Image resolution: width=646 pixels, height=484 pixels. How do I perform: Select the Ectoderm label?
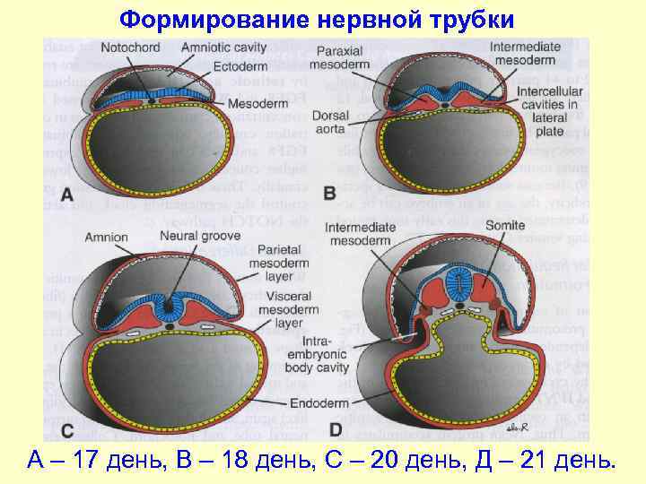coord(240,65)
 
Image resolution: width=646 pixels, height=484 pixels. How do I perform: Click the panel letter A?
coord(68,194)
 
